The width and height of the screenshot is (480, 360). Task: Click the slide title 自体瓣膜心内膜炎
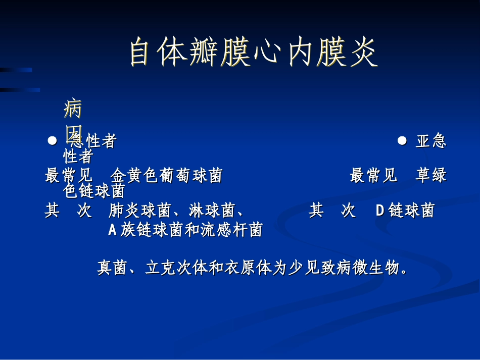point(253,52)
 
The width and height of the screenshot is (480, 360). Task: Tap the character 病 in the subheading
point(73,109)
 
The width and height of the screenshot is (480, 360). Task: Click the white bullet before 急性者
point(52,141)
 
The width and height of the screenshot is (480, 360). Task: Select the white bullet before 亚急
point(402,141)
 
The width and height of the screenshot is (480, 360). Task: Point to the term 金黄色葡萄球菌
point(167,176)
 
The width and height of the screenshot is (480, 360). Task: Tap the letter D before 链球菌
point(381,211)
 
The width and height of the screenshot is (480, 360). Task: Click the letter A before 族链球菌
point(113,230)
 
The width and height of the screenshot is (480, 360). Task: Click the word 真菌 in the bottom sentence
point(111,268)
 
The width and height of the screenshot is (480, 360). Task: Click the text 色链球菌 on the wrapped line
point(94,191)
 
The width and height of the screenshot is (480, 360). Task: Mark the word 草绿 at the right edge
point(431,176)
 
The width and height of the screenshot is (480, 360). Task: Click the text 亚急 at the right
point(431,141)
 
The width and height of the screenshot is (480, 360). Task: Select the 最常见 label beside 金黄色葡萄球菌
point(69,176)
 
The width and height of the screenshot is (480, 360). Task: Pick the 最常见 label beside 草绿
point(373,176)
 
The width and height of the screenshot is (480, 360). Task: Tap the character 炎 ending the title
point(363,52)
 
